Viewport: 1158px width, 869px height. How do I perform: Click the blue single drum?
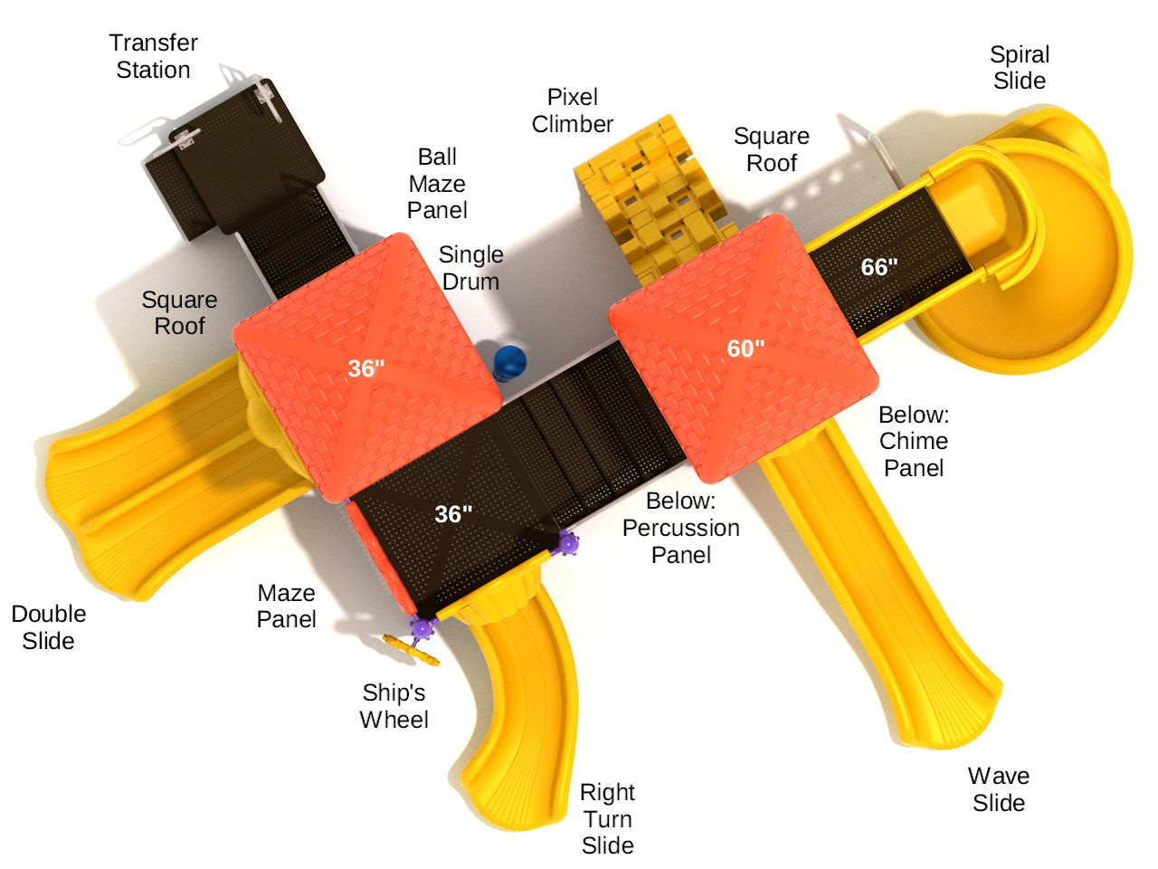tap(509, 362)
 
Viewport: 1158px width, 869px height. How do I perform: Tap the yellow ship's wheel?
tap(411, 650)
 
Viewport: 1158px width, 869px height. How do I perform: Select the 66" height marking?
tap(879, 267)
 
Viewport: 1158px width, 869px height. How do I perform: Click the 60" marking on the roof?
tap(745, 349)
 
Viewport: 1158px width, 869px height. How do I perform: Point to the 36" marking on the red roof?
tap(365, 368)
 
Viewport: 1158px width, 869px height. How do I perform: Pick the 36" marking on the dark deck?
tap(453, 514)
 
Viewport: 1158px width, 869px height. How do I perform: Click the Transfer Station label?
tap(154, 56)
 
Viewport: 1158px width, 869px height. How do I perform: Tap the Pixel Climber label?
tap(573, 110)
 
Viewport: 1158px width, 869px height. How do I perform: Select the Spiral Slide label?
tap(1020, 68)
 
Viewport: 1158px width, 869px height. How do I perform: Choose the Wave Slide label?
tap(999, 789)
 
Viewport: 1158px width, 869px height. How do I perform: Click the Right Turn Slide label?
tap(608, 818)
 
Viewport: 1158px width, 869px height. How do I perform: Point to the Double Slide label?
tap(49, 627)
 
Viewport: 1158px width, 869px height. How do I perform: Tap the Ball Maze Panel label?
tap(437, 183)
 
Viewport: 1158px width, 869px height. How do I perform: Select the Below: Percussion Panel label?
tap(680, 528)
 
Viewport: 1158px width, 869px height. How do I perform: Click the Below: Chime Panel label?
tap(914, 441)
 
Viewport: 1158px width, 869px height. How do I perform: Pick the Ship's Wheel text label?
tap(394, 706)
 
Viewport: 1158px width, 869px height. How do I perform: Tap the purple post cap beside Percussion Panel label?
tap(567, 543)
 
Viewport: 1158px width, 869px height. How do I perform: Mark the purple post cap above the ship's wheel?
tap(422, 627)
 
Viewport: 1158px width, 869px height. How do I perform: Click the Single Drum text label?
tap(471, 268)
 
